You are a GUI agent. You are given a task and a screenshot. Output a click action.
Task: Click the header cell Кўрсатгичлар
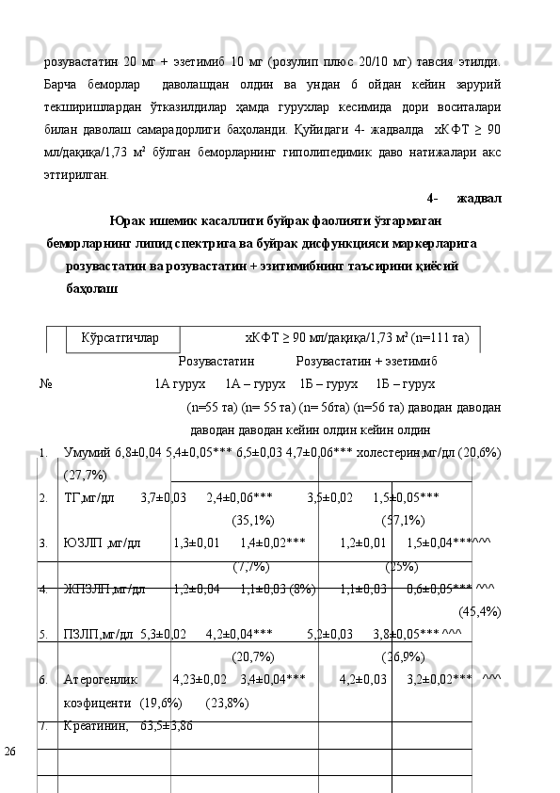click(120, 336)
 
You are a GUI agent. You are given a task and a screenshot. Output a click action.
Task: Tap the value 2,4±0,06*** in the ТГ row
click(239, 497)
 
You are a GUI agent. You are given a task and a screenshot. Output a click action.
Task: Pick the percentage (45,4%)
click(479, 612)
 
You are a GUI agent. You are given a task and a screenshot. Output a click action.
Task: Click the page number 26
click(10, 751)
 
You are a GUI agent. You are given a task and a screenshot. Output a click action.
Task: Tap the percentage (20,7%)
click(253, 656)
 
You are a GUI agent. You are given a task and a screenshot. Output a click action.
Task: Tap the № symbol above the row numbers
click(45, 384)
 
